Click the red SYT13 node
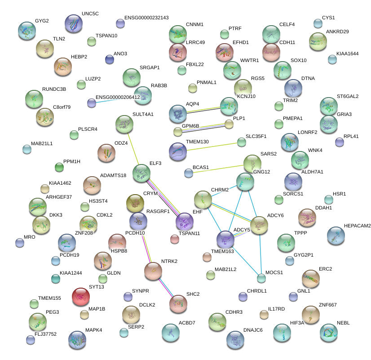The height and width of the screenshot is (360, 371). point(81,296)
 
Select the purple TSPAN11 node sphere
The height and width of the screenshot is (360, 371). point(185,222)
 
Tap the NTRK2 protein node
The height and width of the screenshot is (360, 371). point(153,271)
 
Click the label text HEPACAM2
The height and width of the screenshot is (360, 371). point(357,226)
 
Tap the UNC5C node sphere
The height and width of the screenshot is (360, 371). point(74,23)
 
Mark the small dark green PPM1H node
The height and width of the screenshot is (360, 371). point(59,168)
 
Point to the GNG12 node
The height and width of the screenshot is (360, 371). point(245,181)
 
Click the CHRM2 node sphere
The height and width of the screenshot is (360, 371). point(203,200)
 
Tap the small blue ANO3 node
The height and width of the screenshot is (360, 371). point(109,59)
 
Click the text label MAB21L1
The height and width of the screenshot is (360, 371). point(41,144)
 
